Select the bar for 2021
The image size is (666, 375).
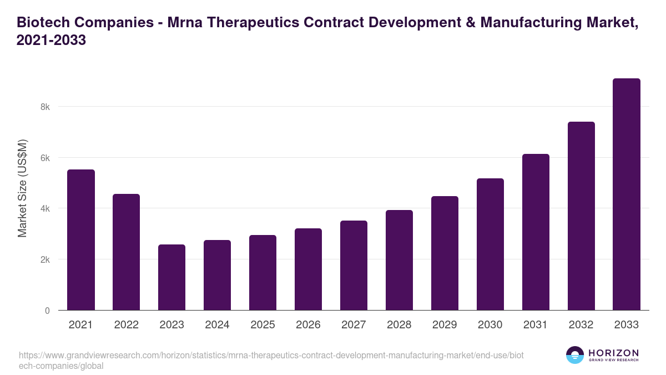[x=81, y=240]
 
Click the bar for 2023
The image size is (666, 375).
[x=171, y=277]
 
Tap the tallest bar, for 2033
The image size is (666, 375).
[x=627, y=194]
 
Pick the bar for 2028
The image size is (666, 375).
[x=399, y=260]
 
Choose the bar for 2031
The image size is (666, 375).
[x=536, y=232]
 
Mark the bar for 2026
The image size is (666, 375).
[x=308, y=269]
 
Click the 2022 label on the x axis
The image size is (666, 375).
[x=126, y=325]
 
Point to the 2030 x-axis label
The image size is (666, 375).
[x=490, y=325]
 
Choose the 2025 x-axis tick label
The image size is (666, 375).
[x=263, y=325]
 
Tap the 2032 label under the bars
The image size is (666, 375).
[x=581, y=325]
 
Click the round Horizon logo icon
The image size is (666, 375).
[x=575, y=355]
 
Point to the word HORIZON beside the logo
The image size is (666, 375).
[x=613, y=353]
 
